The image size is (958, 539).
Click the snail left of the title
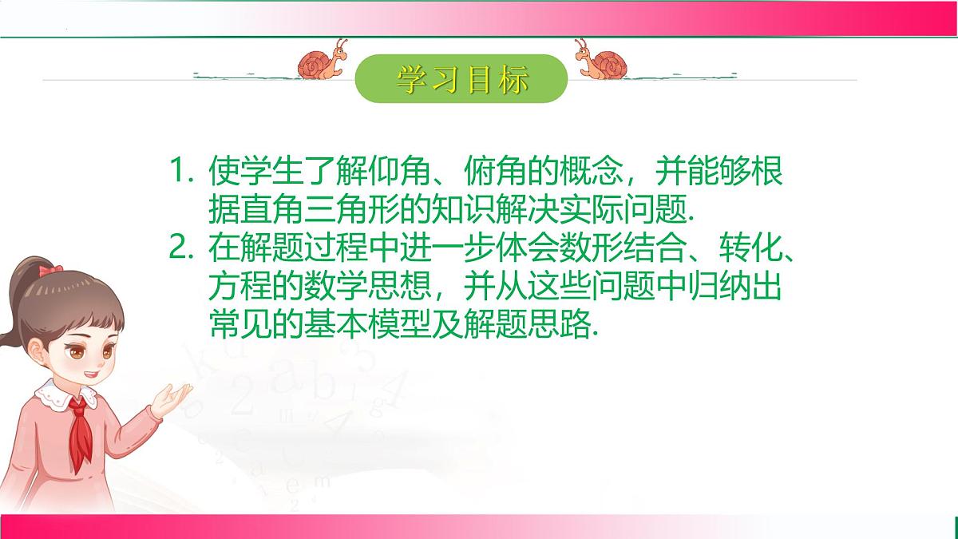324,62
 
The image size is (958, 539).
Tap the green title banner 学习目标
461,78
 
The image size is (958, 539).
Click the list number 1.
179,171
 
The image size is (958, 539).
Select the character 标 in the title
510,79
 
